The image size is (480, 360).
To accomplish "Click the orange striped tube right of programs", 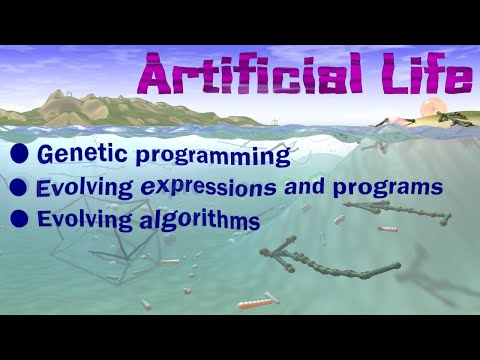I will pos(387,229).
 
